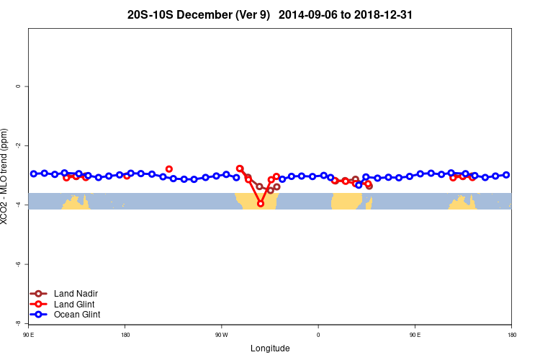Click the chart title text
click(x=269, y=14)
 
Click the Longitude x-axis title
click(x=270, y=348)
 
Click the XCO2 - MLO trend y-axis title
click(x=6, y=176)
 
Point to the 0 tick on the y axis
click(x=18, y=86)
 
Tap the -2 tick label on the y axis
click(x=18, y=145)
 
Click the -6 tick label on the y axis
click(x=18, y=264)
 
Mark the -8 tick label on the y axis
click(x=18, y=323)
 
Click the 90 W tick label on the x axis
click(x=221, y=335)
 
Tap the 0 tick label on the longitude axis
click(x=318, y=335)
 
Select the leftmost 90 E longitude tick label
click(x=29, y=335)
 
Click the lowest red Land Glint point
click(x=261, y=204)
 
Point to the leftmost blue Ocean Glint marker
click(x=34, y=174)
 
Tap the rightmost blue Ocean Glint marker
click(x=506, y=175)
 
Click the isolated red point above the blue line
click(x=169, y=168)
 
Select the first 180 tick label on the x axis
click(x=125, y=335)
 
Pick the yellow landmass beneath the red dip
click(x=259, y=202)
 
